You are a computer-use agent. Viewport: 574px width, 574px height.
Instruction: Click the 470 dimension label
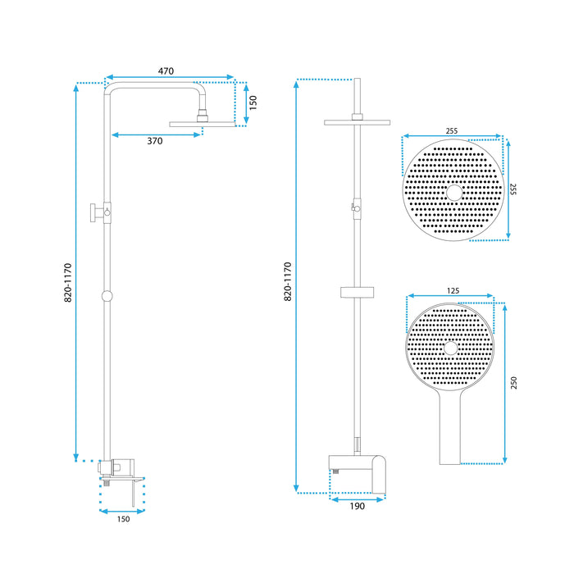[x=166, y=71]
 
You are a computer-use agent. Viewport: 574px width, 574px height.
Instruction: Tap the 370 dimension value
[x=155, y=141]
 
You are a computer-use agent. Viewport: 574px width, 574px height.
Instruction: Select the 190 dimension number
[x=358, y=506]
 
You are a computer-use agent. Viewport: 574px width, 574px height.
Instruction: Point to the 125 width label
[x=453, y=291]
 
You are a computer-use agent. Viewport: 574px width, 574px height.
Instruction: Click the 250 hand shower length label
[x=514, y=383]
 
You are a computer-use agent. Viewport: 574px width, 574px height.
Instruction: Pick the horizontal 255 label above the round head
[x=452, y=131]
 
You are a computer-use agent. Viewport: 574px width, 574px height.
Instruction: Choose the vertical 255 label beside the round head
[x=512, y=189]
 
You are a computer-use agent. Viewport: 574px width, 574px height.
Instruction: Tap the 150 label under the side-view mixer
[x=123, y=519]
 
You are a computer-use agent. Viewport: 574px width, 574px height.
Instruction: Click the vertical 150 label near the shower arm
[x=253, y=102]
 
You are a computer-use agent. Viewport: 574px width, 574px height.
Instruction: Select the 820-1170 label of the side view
[x=68, y=283]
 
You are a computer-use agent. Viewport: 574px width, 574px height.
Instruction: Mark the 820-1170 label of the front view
[x=288, y=281]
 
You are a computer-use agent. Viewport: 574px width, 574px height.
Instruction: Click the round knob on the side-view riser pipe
[x=107, y=296]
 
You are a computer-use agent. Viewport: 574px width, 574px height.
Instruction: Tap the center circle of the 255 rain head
[x=454, y=193]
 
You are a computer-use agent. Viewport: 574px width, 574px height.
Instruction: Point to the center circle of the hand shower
[x=451, y=348]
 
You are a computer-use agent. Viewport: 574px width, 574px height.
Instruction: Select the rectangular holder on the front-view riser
[x=357, y=293]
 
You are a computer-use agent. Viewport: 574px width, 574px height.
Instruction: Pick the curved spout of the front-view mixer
[x=379, y=475]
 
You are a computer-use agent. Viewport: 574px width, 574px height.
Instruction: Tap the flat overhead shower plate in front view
[x=357, y=123]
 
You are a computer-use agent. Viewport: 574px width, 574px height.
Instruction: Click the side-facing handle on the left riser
[x=94, y=212]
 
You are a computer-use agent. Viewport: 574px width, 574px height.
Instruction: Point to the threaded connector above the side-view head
[x=203, y=116]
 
